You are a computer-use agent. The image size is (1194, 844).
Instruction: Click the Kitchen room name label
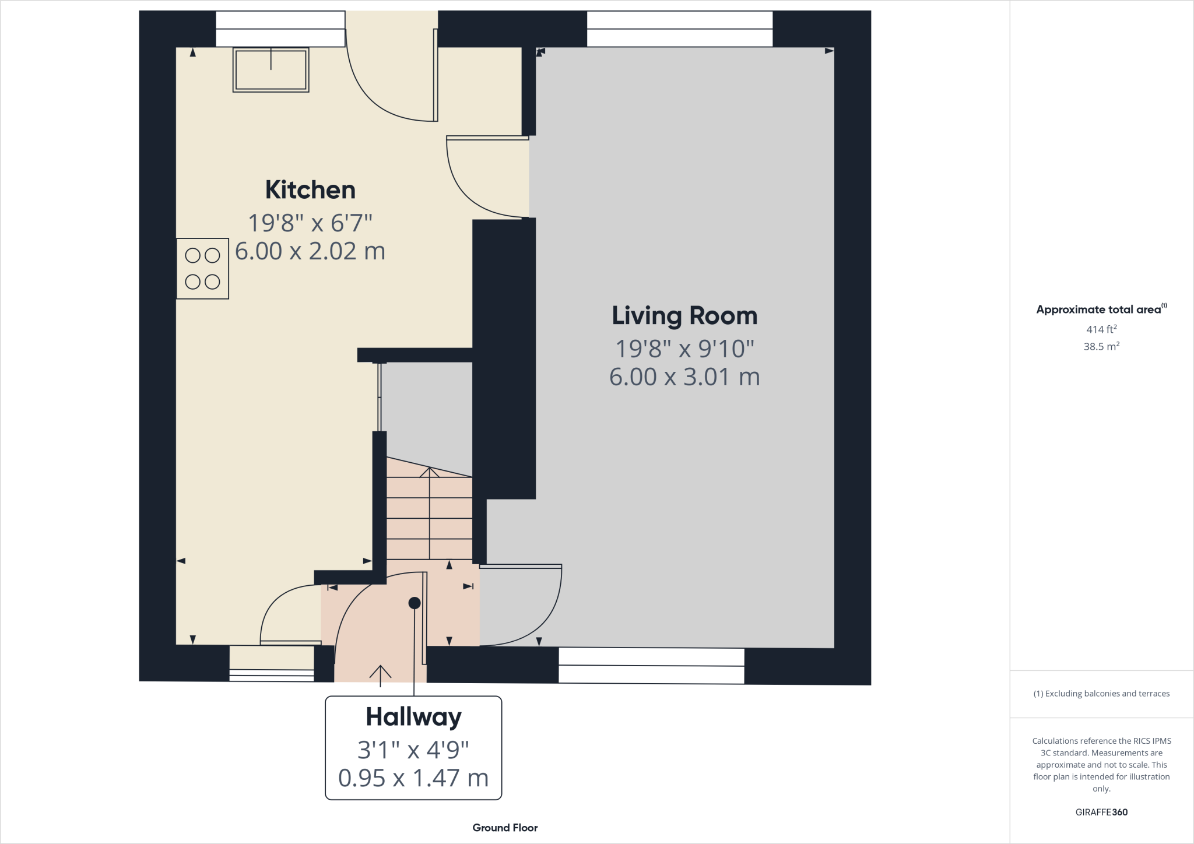310,190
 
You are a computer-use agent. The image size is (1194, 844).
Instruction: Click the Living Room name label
684,316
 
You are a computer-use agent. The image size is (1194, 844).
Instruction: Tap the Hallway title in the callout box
413,717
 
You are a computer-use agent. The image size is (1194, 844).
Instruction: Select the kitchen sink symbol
271,70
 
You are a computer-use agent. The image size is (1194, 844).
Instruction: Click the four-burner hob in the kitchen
202,269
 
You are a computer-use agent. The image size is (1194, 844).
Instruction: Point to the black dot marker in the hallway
415,603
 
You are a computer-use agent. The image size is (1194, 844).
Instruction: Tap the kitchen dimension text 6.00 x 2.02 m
310,251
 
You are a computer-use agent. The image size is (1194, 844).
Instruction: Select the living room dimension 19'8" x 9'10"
684,349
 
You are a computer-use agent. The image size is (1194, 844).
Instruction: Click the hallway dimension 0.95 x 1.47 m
413,778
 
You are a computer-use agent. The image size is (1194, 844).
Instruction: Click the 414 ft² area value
1101,329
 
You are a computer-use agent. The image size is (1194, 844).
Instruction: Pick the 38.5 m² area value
1101,346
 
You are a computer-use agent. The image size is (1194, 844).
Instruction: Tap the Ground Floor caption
505,828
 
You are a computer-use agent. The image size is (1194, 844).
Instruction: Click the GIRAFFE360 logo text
1101,812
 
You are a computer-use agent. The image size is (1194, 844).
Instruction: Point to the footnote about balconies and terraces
1101,694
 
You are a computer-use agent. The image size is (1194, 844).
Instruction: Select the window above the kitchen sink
280,29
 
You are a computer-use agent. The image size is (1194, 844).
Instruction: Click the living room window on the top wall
679,29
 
